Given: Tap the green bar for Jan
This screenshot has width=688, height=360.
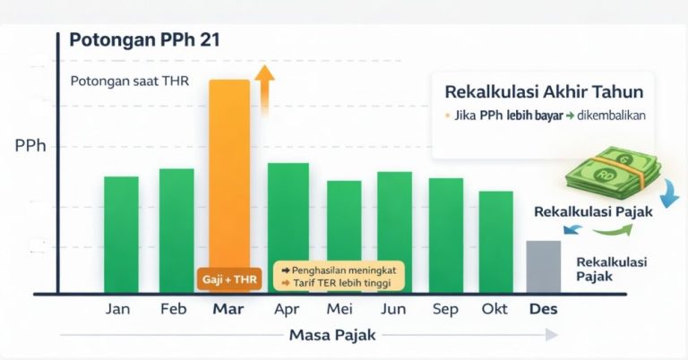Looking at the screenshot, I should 121,235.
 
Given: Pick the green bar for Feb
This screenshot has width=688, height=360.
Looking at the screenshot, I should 176,230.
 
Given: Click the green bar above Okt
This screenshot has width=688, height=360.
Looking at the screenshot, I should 495,242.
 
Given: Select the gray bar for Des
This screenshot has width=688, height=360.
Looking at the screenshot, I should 543,266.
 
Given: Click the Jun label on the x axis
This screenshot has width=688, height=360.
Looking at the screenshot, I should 394,310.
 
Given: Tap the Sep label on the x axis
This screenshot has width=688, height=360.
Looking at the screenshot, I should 445,310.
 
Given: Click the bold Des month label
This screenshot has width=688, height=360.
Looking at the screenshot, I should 543,310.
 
